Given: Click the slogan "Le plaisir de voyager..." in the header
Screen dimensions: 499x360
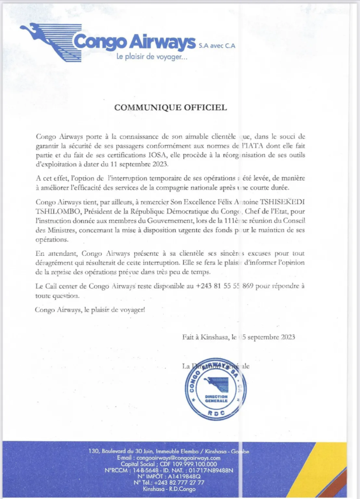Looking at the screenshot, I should coord(152,57).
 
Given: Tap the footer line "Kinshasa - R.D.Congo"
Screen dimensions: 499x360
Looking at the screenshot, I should coord(169,489).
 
